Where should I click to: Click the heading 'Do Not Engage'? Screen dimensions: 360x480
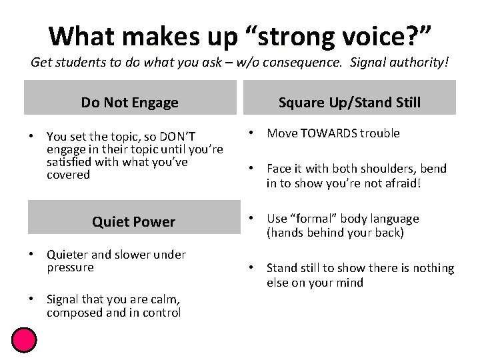coord(130,102)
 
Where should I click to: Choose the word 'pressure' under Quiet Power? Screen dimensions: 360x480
coord(70,267)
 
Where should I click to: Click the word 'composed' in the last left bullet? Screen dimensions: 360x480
coord(71,313)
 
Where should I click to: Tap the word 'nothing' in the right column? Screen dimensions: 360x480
coord(433,268)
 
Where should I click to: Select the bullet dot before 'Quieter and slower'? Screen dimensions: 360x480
coord(31,254)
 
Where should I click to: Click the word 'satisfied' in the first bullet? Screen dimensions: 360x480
coord(70,162)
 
